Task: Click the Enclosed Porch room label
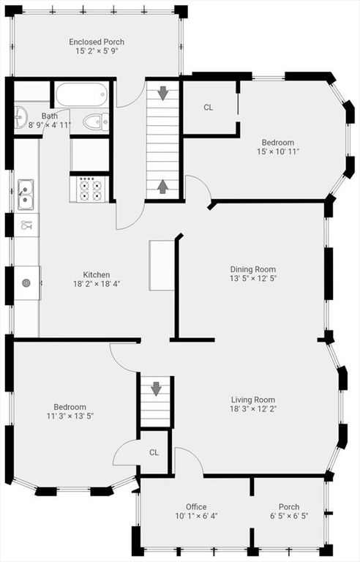(x=97, y=42)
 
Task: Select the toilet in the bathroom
(x=94, y=122)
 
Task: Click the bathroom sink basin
(x=19, y=116)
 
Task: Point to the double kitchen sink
(x=25, y=193)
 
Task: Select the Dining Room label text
(x=253, y=269)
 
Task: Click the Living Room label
(x=253, y=400)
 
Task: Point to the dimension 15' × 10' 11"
(x=278, y=151)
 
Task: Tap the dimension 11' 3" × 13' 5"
(x=70, y=416)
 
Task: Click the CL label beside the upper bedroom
(x=209, y=108)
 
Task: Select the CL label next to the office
(x=154, y=452)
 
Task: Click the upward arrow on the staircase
(x=162, y=187)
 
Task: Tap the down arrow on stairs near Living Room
(x=155, y=389)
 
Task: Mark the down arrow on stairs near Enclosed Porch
(x=162, y=93)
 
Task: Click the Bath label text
(x=50, y=116)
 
